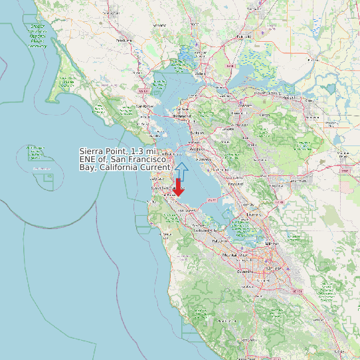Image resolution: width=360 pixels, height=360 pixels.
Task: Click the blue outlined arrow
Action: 181,171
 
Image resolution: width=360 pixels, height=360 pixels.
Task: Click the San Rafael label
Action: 144,106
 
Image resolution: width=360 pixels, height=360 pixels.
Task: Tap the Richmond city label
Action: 181,116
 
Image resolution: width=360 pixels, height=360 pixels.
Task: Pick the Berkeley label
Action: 197,134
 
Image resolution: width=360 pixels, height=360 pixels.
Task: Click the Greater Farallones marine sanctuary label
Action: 38,37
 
